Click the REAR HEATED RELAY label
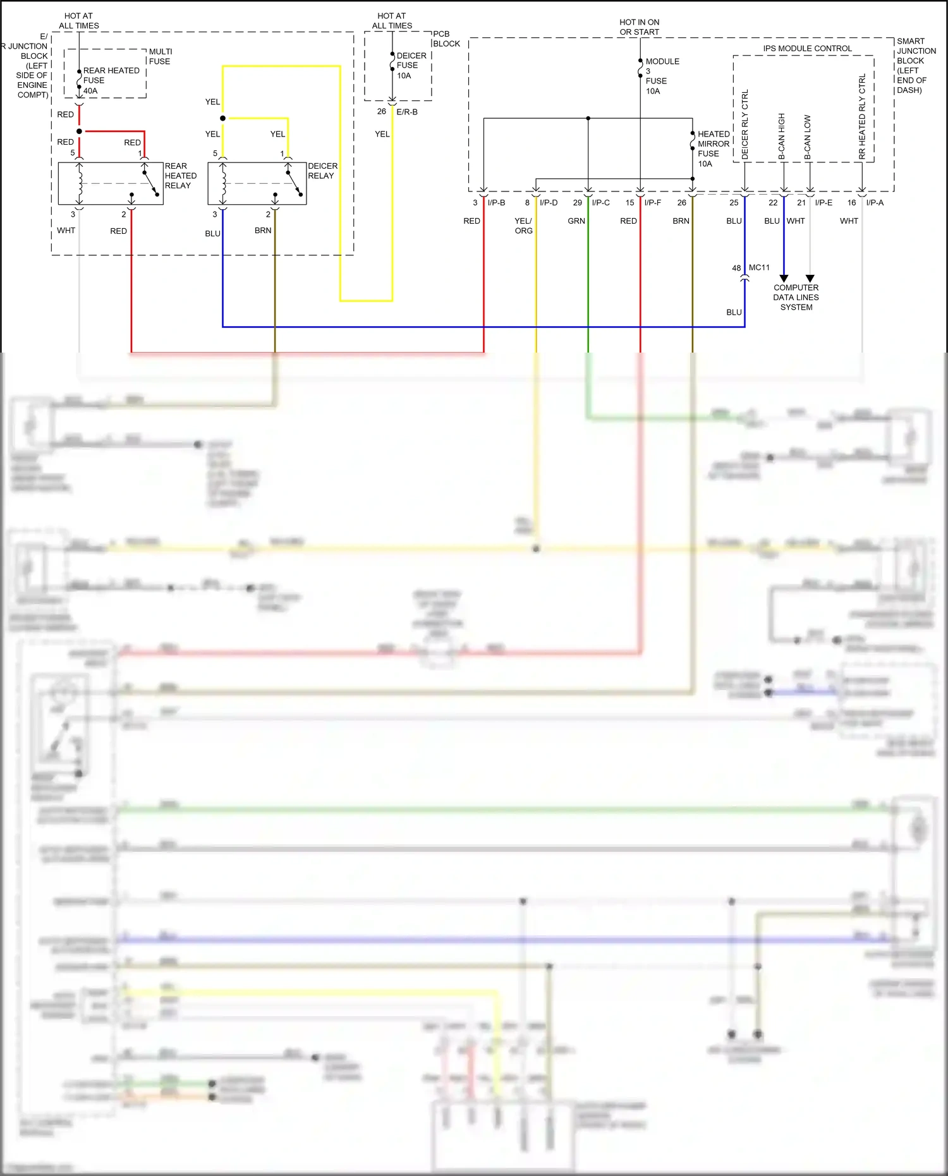click(180, 176)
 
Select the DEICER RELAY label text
click(322, 171)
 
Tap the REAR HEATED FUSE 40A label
click(111, 80)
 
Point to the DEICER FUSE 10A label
click(411, 65)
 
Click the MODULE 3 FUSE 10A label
click(661, 76)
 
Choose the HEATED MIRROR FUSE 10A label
click(713, 149)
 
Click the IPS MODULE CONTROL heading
click(807, 49)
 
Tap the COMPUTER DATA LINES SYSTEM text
click(796, 297)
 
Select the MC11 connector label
click(759, 267)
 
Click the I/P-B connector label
click(496, 203)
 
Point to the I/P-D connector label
click(549, 203)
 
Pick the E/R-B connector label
click(407, 112)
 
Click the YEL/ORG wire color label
click(523, 226)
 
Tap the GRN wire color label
click(576, 221)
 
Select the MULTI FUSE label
click(160, 56)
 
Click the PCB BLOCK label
click(446, 39)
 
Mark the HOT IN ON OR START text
click(639, 27)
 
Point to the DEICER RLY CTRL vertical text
click(744, 124)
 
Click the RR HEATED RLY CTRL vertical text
click(862, 117)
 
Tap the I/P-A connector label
click(875, 203)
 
